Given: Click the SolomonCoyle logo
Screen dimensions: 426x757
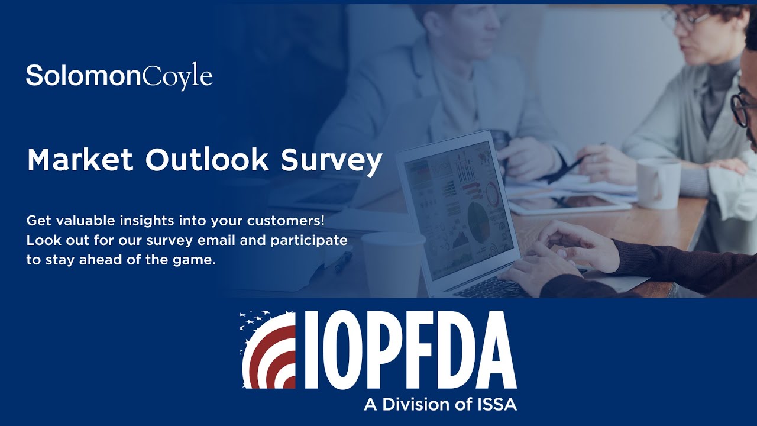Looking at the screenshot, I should click(119, 76).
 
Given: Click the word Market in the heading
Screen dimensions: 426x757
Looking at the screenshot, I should click(79, 160).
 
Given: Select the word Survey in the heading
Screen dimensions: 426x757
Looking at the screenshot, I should click(331, 162).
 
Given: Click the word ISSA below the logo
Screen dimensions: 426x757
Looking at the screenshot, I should click(496, 405).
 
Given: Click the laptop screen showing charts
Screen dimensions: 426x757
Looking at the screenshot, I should click(458, 207).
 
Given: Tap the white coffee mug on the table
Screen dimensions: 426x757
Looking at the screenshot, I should click(658, 183).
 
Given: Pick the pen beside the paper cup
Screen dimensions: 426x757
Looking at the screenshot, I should click(344, 261).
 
